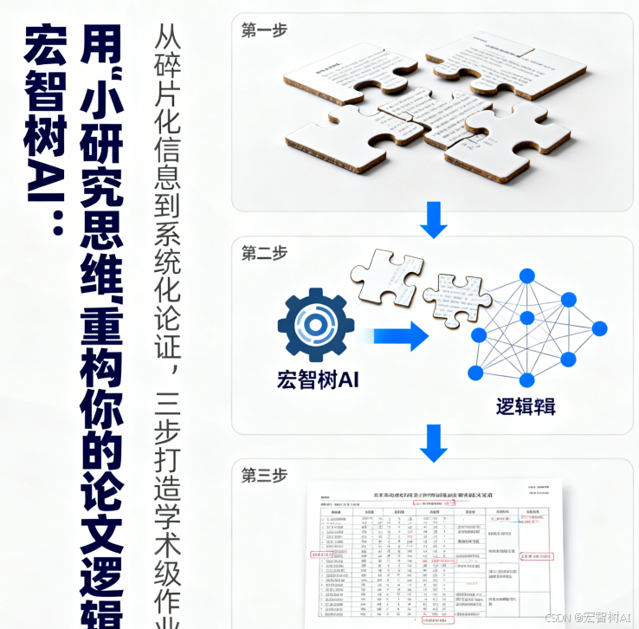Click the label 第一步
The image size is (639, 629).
click(x=264, y=31)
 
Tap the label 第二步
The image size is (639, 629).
click(x=264, y=254)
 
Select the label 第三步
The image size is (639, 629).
click(x=264, y=476)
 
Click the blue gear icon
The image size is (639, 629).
click(x=315, y=324)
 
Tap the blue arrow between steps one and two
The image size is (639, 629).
click(x=433, y=220)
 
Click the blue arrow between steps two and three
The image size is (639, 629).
click(x=433, y=443)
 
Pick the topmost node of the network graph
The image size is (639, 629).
click(x=526, y=276)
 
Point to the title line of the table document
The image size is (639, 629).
click(x=433, y=494)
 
